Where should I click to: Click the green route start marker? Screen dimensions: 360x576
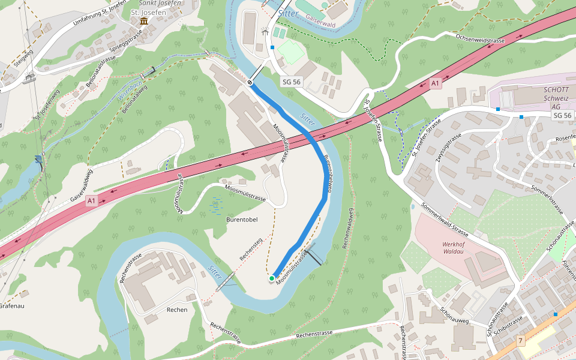(272, 278)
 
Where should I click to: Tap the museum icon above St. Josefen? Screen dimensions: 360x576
(143, 22)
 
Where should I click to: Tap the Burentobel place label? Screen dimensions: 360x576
(242, 220)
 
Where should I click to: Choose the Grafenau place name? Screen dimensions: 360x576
(11, 305)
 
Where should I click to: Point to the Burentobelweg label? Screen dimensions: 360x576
(328, 174)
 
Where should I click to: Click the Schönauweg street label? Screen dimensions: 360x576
(454, 316)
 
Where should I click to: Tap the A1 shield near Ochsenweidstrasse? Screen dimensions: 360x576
(436, 83)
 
